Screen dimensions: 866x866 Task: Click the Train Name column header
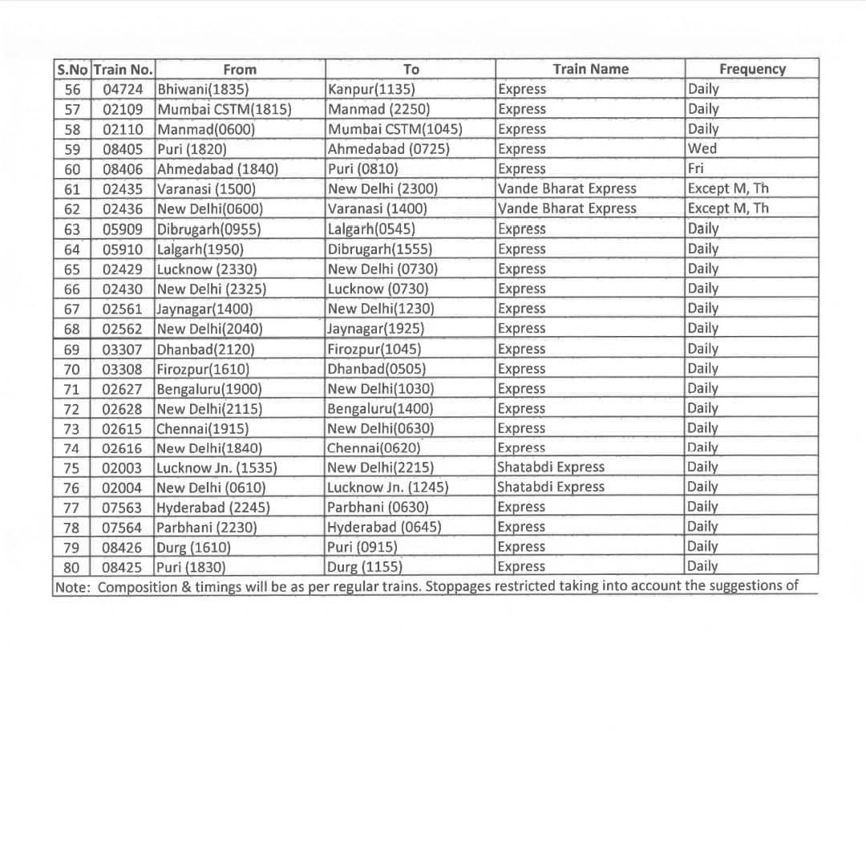590,69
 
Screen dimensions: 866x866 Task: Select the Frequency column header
752,69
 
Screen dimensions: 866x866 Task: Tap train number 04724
123,89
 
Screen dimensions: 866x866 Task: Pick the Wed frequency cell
702,148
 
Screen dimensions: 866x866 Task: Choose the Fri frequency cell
695,168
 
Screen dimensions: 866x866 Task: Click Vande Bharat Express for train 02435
567,188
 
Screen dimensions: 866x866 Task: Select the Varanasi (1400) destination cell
378,208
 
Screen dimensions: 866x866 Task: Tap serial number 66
72,289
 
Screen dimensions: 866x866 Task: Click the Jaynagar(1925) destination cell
376,328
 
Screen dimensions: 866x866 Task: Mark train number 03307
123,349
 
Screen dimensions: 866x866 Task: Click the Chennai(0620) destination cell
374,447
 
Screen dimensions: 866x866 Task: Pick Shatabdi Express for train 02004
551,487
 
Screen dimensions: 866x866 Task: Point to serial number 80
72,566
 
